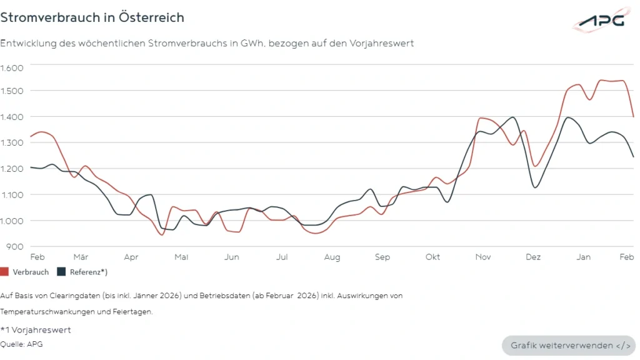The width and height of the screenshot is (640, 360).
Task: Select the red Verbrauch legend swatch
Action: (4, 272)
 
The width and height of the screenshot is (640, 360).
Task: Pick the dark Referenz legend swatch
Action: (61, 272)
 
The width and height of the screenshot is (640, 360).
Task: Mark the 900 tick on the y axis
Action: (14, 246)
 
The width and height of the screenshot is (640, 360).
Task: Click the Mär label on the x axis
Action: (81, 257)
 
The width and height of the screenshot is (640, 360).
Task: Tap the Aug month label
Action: (332, 257)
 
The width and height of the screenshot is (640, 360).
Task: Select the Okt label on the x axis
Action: (432, 257)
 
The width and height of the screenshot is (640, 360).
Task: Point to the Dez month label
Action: (533, 257)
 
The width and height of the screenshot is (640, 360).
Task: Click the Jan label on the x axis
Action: (583, 257)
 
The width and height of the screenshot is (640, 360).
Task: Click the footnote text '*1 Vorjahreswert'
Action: (36, 330)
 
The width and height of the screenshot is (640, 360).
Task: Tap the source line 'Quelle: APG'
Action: (22, 343)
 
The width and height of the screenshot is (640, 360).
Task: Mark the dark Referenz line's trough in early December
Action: (535, 187)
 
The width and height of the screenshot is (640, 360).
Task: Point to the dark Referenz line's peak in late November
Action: (513, 117)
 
